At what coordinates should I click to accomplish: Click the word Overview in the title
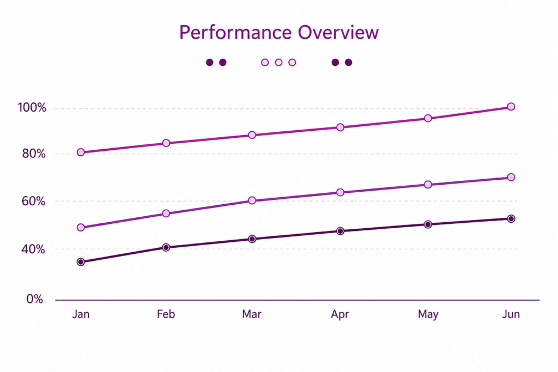(x=338, y=32)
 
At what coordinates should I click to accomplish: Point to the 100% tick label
(x=32, y=107)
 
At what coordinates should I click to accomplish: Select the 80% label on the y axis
(x=34, y=154)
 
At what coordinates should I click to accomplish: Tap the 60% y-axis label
(x=34, y=202)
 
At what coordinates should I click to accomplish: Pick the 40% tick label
(x=33, y=249)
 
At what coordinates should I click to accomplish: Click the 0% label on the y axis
(x=34, y=298)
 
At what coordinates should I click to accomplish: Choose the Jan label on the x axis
(x=81, y=314)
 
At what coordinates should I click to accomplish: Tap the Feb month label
(x=166, y=314)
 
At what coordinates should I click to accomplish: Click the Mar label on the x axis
(x=252, y=314)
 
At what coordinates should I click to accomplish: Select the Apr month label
(x=340, y=314)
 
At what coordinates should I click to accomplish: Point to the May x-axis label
(x=428, y=314)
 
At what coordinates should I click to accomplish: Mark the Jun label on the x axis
(x=511, y=314)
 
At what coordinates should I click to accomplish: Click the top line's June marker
(x=511, y=107)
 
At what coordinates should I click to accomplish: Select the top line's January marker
(x=81, y=152)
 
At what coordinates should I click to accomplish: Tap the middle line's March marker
(x=252, y=200)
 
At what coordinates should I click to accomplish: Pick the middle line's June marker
(x=511, y=177)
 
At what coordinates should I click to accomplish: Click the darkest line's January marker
(x=81, y=262)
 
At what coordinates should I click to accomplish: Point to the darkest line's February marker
(x=166, y=247)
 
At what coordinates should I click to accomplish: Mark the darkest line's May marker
(x=428, y=224)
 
